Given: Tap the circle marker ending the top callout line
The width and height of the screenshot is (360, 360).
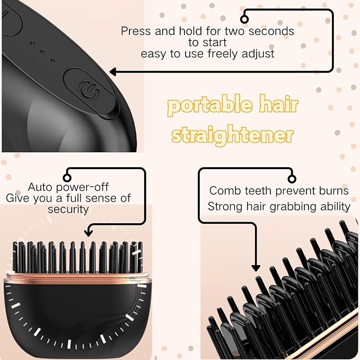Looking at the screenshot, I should [x=245, y=16].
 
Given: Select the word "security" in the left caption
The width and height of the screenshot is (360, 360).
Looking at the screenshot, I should [x=68, y=209].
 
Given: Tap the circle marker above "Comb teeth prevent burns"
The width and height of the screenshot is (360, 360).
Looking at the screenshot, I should [x=290, y=178].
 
